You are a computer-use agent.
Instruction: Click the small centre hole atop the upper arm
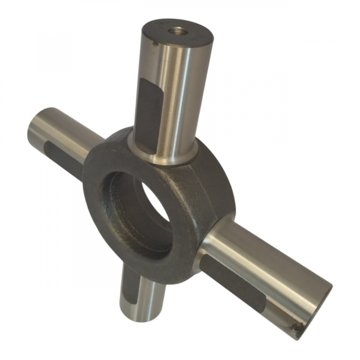click(176, 31)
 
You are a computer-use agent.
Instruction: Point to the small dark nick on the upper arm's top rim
click(155, 45)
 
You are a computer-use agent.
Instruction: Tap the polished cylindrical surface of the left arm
click(67, 130)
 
